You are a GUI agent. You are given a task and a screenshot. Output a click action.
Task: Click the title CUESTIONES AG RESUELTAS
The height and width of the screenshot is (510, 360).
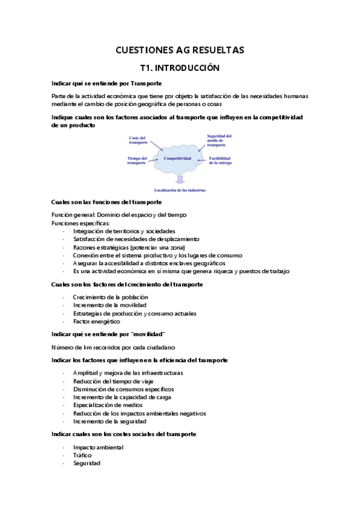[180, 50]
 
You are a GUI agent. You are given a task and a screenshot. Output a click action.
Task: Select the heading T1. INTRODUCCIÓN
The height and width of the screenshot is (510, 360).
[180, 68]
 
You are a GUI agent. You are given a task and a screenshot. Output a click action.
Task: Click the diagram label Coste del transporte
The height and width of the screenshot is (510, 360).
[138, 140]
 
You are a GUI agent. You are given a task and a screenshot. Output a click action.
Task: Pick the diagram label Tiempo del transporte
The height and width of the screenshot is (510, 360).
[137, 161]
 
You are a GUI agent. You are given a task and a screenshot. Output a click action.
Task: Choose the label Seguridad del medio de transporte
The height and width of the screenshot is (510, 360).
[219, 140]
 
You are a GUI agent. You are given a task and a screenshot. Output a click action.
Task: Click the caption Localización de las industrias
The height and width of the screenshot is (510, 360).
[180, 190]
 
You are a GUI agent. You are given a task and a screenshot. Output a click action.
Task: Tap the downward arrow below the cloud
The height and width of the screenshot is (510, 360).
[179, 179]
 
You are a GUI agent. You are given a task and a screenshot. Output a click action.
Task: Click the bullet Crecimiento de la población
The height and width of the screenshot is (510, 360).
[110, 297]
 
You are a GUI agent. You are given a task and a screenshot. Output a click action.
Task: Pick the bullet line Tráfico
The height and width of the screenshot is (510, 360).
[82, 455]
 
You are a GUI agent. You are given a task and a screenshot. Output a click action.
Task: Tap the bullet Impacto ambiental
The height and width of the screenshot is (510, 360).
[98, 447]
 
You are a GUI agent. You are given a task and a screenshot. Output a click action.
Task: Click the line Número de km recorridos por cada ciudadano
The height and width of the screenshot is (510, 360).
[113, 346]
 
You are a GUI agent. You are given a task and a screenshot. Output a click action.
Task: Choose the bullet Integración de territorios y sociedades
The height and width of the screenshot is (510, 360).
[124, 231]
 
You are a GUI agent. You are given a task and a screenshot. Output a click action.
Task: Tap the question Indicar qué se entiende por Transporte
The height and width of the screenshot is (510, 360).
[108, 83]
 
